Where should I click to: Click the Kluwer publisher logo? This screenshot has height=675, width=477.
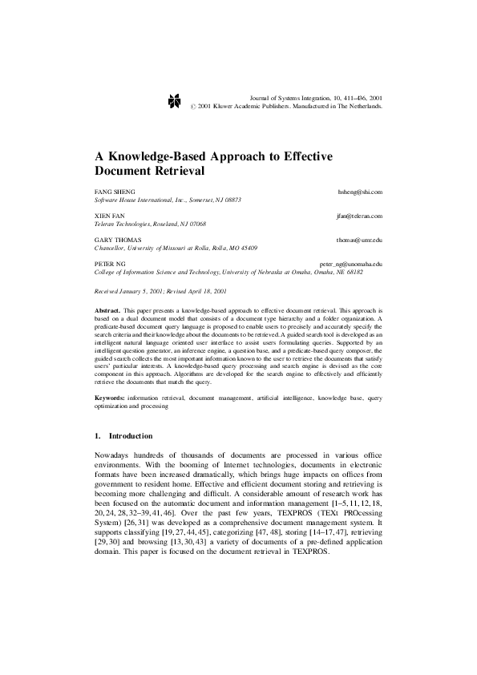click(x=172, y=99)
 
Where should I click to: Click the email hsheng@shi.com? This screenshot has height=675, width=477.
click(x=362, y=192)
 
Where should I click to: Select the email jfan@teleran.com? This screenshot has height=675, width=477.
click(x=359, y=216)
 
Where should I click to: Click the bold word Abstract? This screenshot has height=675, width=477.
click(x=107, y=309)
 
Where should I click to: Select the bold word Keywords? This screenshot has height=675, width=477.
click(x=109, y=397)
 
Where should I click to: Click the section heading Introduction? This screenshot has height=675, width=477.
click(x=130, y=436)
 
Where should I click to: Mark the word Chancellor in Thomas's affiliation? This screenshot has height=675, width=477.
click(x=112, y=248)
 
